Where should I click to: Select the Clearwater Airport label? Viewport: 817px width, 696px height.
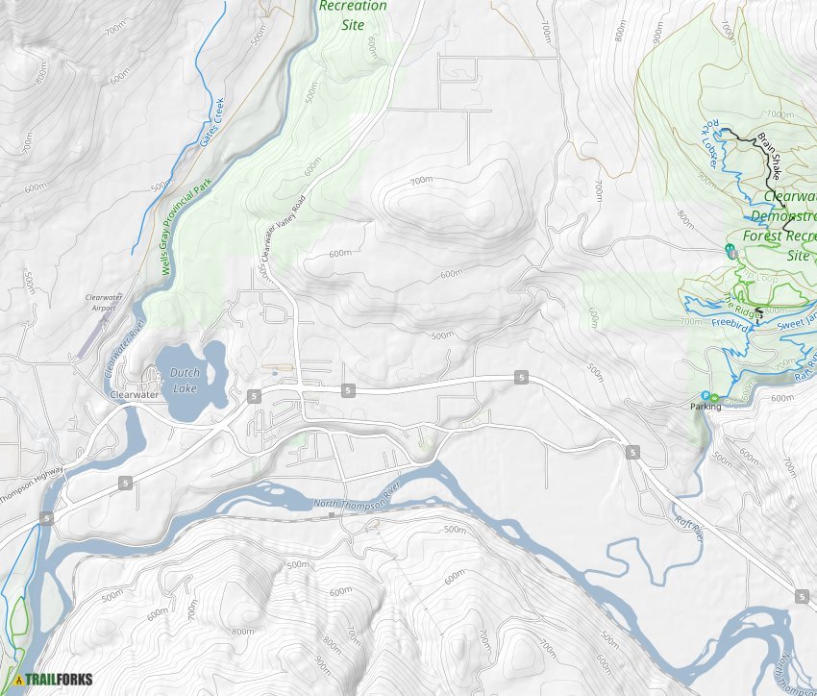pos(105,303)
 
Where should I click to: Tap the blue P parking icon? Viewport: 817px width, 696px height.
pos(706,396)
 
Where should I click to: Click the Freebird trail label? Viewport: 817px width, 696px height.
pos(731,326)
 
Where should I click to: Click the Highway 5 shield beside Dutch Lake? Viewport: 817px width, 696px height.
pos(252,395)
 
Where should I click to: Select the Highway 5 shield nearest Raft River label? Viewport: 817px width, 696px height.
pos(632,452)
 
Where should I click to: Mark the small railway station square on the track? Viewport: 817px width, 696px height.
pos(332,515)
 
